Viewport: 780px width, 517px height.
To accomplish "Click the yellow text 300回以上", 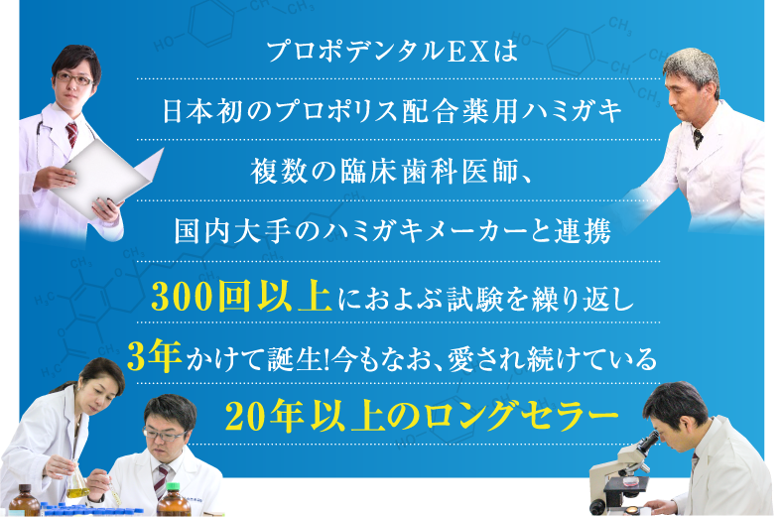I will click(242, 297).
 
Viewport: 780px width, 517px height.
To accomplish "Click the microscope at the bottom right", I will click(620, 470).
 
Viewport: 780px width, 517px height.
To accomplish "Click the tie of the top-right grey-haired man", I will click(697, 138).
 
